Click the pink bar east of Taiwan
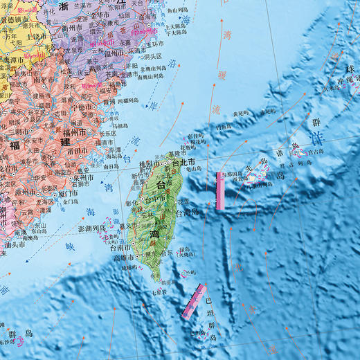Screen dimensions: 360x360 coord(221,190)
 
